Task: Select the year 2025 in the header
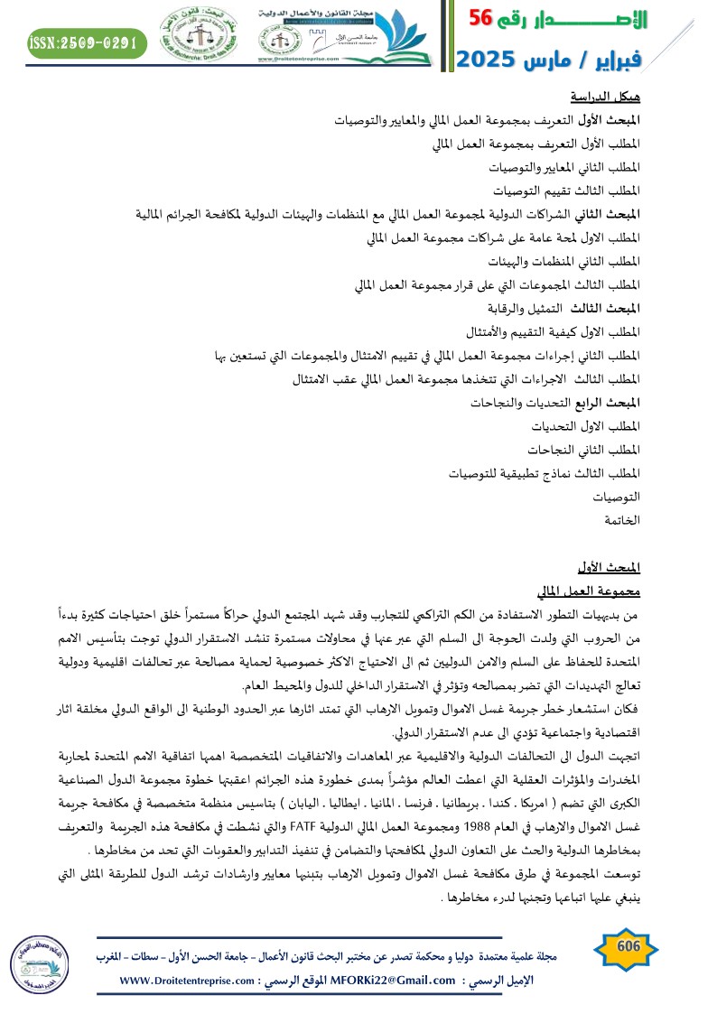[489, 60]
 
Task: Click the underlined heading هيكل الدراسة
[605, 97]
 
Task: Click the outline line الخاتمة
[622, 520]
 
